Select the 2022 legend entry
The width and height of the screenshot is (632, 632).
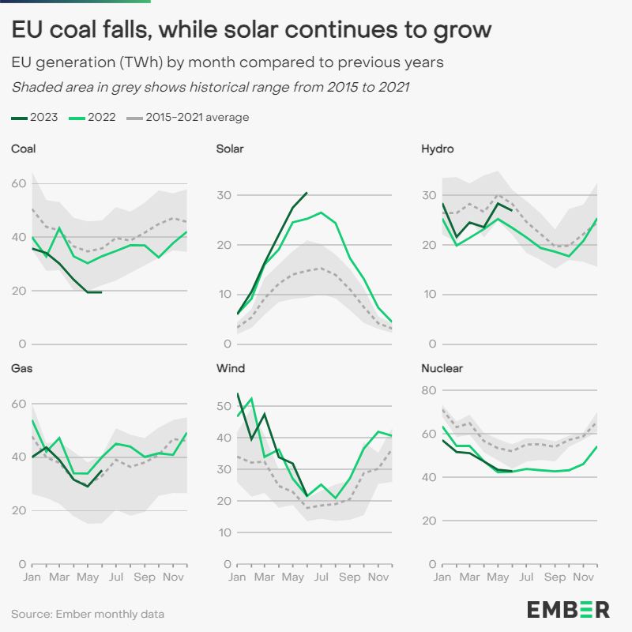pyautogui.click(x=89, y=118)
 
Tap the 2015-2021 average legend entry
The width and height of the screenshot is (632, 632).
pyautogui.click(x=187, y=118)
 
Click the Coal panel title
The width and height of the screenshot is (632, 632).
pyautogui.click(x=23, y=149)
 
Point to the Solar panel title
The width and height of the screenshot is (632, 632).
pyautogui.click(x=229, y=149)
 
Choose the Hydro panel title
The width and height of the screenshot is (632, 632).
pyautogui.click(x=437, y=149)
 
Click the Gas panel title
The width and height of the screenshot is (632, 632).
pyautogui.click(x=21, y=368)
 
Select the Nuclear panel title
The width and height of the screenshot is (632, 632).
pyautogui.click(x=442, y=368)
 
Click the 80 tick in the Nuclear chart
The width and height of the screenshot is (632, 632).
pyautogui.click(x=429, y=390)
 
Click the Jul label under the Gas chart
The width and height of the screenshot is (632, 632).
pyautogui.click(x=116, y=577)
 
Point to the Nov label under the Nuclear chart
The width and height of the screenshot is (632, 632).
pyautogui.click(x=584, y=577)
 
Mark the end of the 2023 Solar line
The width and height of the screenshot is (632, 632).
pyautogui.click(x=307, y=192)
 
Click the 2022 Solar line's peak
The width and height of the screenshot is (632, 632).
pyautogui.click(x=321, y=213)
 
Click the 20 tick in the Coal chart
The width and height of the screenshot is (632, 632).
pyautogui.click(x=18, y=291)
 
